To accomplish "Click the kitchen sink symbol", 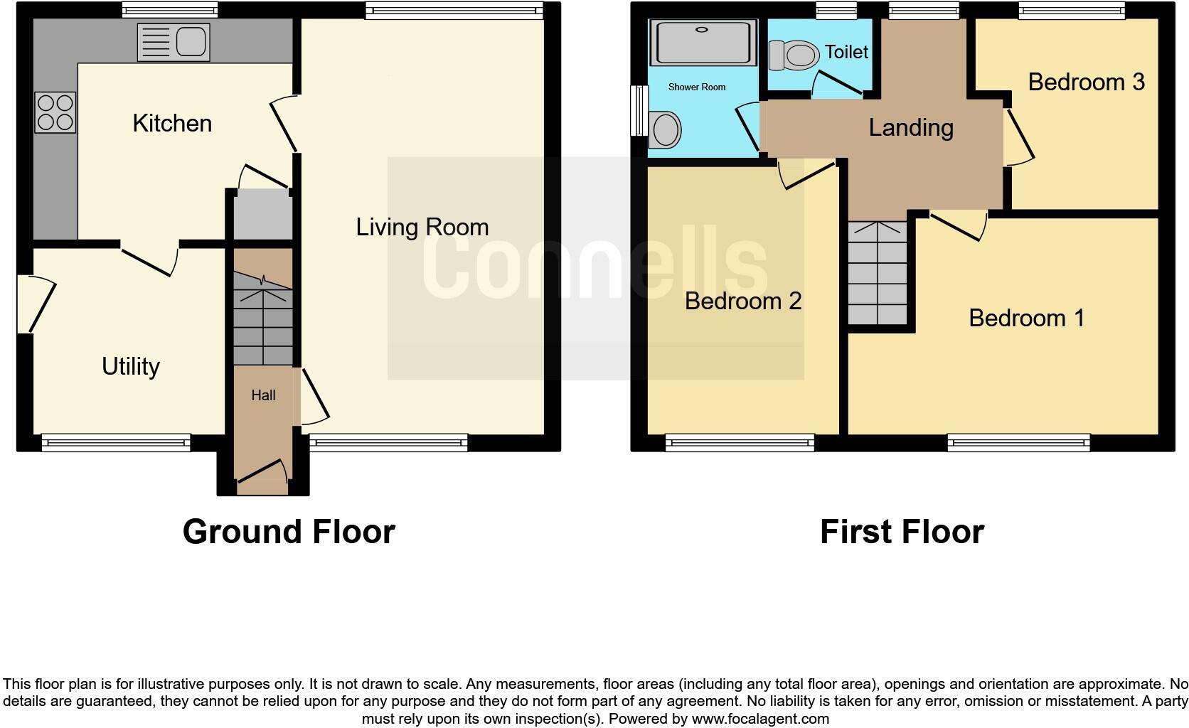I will click(x=174, y=42).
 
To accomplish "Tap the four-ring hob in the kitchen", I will click(x=55, y=113).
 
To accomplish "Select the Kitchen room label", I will click(x=172, y=124).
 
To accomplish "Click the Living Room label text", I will click(x=422, y=227).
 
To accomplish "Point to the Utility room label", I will click(x=130, y=367).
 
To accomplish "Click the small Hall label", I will click(x=263, y=395).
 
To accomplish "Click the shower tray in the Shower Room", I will click(x=702, y=43).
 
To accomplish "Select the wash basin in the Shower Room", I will click(x=666, y=130).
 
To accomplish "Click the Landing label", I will click(x=911, y=128).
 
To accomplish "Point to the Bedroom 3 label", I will click(x=1086, y=82).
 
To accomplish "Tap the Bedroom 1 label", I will click(x=1026, y=318).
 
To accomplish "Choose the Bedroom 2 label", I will click(x=742, y=301).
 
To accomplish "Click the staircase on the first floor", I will click(x=878, y=274).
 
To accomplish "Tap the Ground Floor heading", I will click(x=288, y=532).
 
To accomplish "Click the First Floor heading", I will click(x=901, y=532).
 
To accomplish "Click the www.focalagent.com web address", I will click(x=760, y=719).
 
